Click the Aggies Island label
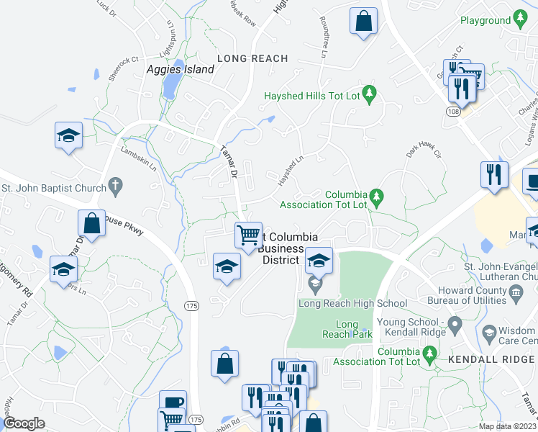(180, 70)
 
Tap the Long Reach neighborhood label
(252, 58)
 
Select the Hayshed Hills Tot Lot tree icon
(370, 92)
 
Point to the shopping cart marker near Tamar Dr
(247, 234)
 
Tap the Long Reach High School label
(352, 304)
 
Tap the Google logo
(24, 423)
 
